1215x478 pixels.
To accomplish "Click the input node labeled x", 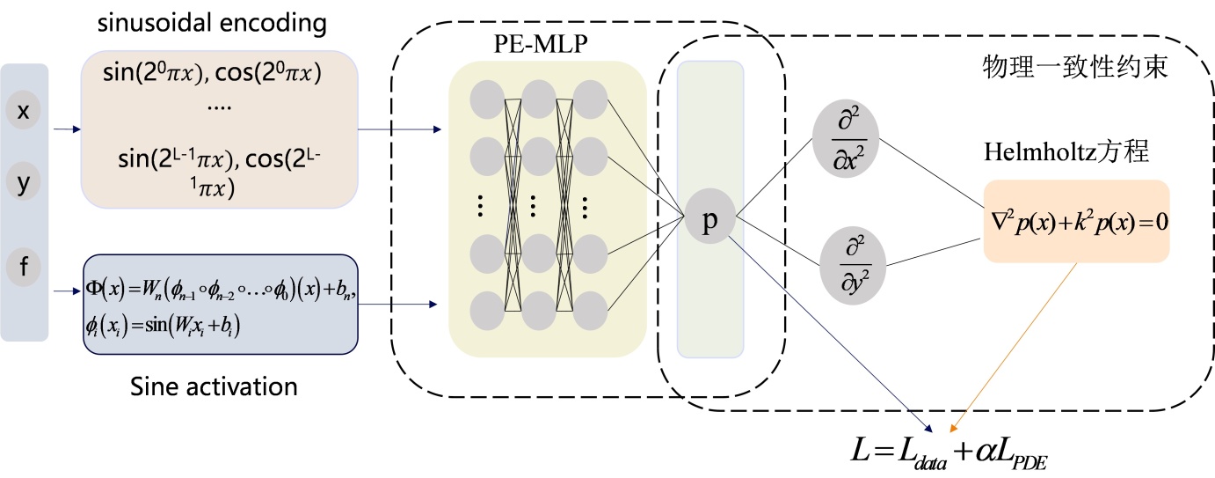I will pyautogui.click(x=25, y=112).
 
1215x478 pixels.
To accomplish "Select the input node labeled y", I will pyautogui.click(x=25, y=182).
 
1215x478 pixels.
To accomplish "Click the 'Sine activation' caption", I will pyautogui.click(x=214, y=386).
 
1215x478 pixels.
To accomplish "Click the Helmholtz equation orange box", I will pyautogui.click(x=1076, y=221).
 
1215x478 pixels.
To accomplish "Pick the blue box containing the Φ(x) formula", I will pyautogui.click(x=220, y=305).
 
